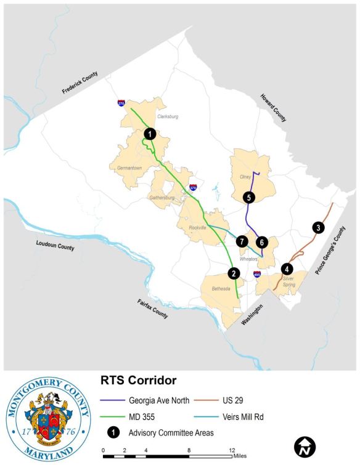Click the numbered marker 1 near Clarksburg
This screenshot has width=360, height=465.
149,133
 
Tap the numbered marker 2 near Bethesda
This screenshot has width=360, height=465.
234,273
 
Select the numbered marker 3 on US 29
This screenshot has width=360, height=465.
317,227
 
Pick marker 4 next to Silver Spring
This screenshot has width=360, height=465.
287,269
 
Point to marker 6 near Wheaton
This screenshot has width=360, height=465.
262,242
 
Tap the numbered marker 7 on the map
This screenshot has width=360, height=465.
242,241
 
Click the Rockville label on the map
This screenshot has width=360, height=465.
197,227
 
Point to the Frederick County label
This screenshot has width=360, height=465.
80,83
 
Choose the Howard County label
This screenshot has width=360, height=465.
273,108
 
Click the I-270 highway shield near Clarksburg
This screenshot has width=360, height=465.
121,103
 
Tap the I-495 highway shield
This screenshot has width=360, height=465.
256,274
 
